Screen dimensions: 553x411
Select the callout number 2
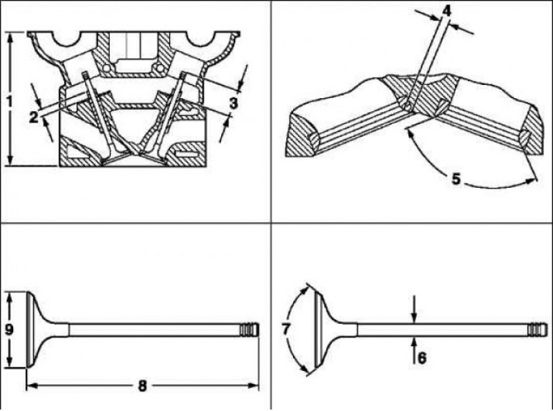click(33, 117)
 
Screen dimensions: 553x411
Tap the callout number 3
click(234, 104)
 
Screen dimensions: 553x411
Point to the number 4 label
click(447, 11)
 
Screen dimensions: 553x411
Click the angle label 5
click(456, 179)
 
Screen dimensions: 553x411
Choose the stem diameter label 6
click(422, 358)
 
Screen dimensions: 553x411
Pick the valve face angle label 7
click(286, 329)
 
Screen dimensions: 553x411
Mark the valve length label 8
click(142, 386)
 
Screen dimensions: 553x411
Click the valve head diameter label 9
click(9, 329)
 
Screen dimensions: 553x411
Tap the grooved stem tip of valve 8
click(250, 330)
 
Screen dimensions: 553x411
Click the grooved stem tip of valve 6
click(538, 330)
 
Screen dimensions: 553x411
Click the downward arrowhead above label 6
click(414, 318)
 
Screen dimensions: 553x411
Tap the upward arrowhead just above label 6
click(414, 343)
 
